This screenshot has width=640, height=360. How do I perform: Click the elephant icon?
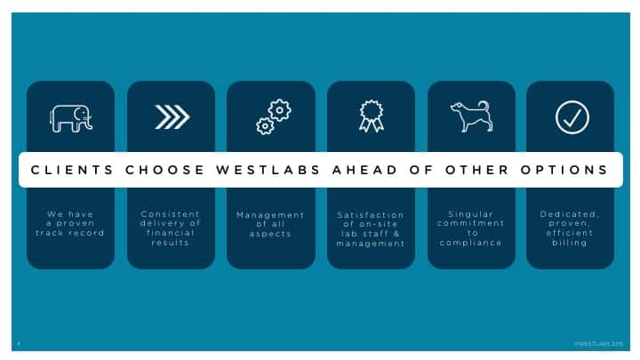(71, 118)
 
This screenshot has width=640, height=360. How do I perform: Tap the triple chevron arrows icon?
(172, 117)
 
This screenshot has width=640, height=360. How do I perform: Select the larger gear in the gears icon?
(280, 110)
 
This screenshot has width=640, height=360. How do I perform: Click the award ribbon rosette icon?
(371, 116)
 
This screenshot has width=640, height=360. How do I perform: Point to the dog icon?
(471, 116)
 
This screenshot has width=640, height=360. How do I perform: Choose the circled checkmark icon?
(572, 117)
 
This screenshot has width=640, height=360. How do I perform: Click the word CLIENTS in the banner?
(72, 170)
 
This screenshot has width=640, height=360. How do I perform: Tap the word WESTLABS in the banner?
(268, 170)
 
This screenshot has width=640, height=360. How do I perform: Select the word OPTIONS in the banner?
(564, 170)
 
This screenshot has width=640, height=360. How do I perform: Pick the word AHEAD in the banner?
(364, 170)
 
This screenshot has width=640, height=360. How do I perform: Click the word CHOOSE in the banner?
(165, 170)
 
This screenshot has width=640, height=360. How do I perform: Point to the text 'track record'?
(70, 233)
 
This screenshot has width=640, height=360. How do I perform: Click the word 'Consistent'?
(170, 214)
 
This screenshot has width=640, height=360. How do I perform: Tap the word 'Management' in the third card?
(270, 215)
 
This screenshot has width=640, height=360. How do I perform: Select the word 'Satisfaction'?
(371, 215)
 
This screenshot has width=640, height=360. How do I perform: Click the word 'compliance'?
(471, 243)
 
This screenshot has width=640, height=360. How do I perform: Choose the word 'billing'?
(570, 243)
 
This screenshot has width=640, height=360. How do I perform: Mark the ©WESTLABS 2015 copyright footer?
(599, 344)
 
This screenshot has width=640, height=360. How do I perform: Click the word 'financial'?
(170, 233)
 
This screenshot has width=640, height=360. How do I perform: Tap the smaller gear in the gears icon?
(265, 126)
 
